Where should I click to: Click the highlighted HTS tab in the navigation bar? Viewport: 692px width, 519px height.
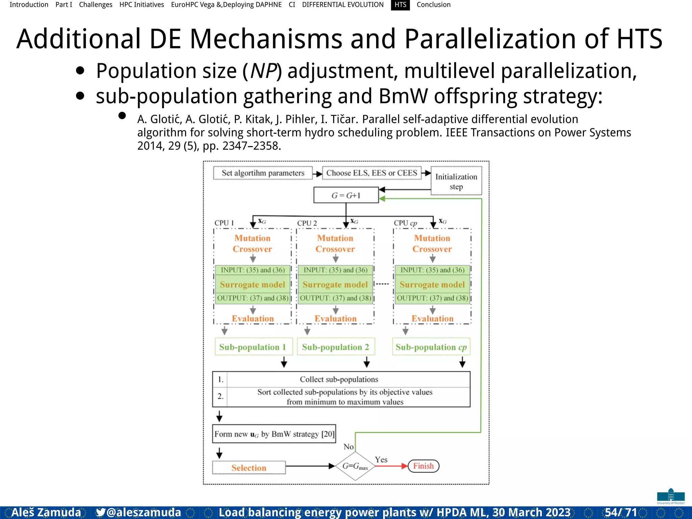[x=400, y=5]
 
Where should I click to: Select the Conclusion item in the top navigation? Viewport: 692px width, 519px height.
[x=434, y=5]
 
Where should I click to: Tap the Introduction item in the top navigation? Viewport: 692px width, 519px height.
[x=29, y=5]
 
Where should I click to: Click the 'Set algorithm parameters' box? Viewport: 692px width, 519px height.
[x=263, y=173]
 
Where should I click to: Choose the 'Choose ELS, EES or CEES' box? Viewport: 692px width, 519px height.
[x=372, y=173]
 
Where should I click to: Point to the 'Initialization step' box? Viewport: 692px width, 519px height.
[x=456, y=181]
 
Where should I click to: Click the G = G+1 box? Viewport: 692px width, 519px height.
[x=346, y=195]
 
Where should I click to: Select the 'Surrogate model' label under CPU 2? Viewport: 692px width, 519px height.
[x=335, y=285]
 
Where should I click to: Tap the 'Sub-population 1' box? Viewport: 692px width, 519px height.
[x=252, y=347]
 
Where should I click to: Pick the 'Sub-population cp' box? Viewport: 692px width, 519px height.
[x=431, y=347]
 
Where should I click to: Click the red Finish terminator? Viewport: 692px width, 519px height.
[x=423, y=466]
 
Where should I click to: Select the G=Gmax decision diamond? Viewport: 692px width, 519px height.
[x=355, y=466]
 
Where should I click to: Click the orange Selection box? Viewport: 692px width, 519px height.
[x=249, y=468]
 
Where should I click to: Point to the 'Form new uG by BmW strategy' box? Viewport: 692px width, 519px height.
[x=274, y=434]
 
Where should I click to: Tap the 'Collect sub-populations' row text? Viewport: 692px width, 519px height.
[x=339, y=379]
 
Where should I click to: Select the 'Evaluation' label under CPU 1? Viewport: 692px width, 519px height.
[x=253, y=319]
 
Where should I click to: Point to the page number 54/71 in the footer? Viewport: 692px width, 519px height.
[x=621, y=512]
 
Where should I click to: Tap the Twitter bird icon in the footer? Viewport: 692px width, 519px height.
[x=100, y=512]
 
